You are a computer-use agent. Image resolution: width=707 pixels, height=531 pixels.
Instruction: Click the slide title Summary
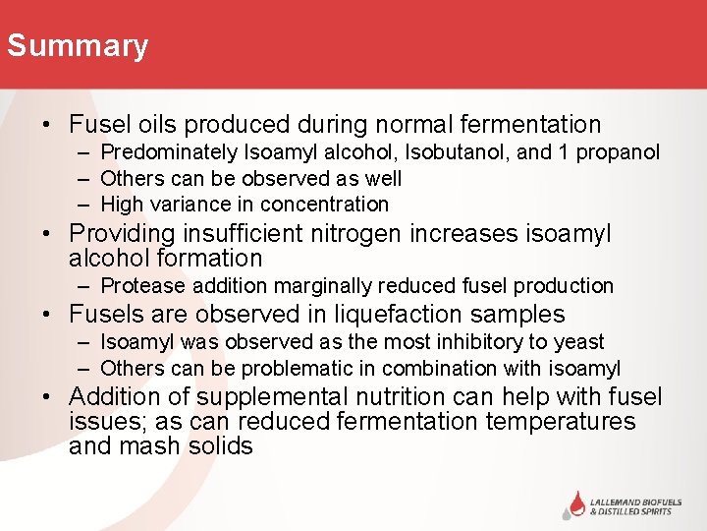(x=77, y=46)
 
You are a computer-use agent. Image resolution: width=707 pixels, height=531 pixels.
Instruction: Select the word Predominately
(x=169, y=152)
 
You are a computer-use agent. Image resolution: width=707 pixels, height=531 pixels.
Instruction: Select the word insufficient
(x=241, y=234)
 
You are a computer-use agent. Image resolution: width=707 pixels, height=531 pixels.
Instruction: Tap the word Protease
(x=141, y=286)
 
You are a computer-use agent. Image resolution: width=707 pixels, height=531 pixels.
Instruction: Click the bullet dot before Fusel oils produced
(x=46, y=126)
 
